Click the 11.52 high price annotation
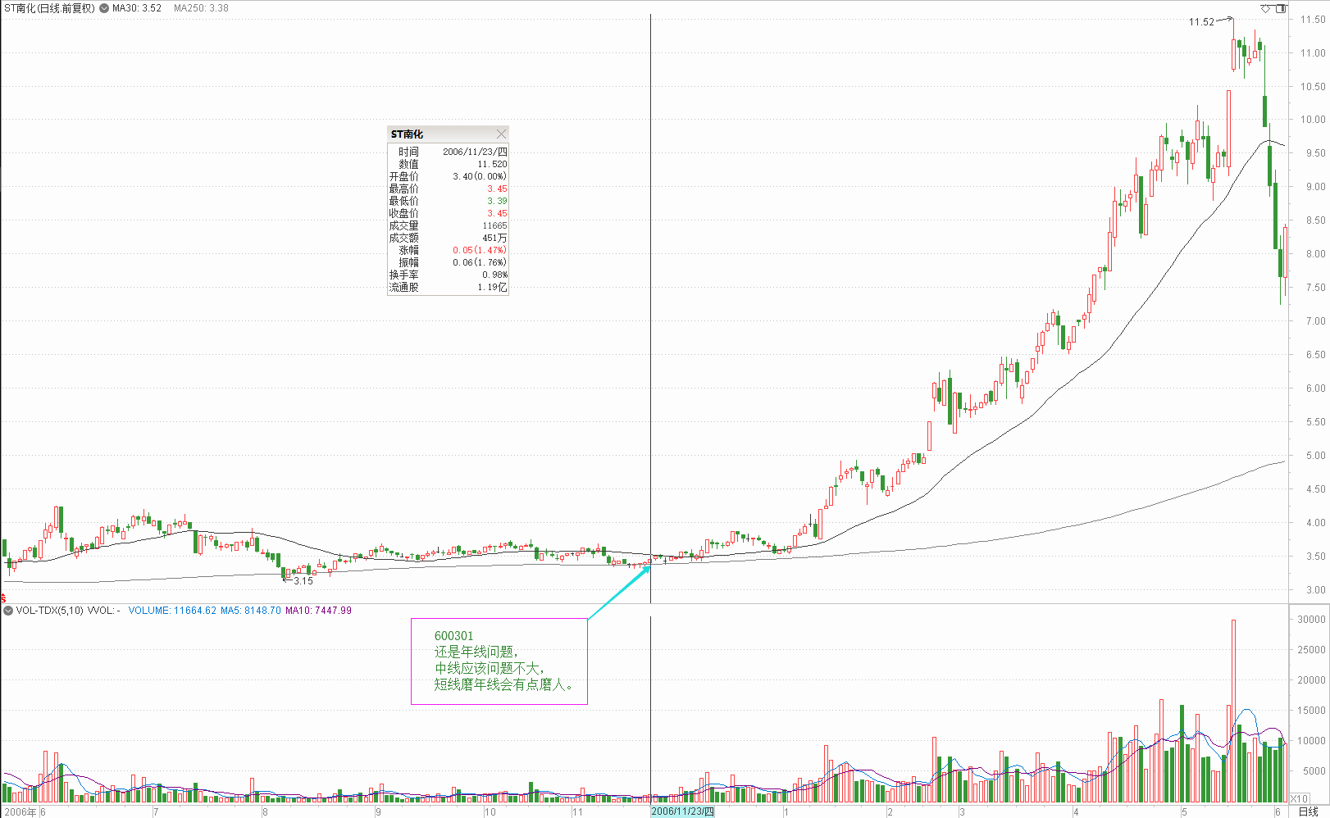pyautogui.click(x=1201, y=22)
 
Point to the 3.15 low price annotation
pyautogui.click(x=303, y=581)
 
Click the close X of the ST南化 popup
pyautogui.click(x=501, y=134)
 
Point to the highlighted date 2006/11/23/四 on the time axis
pyautogui.click(x=682, y=811)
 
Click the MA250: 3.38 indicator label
pyautogui.click(x=201, y=8)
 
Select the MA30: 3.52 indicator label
pyautogui.click(x=137, y=8)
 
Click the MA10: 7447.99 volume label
pyautogui.click(x=318, y=611)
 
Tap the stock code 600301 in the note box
pyautogui.click(x=453, y=636)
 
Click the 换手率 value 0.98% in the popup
pyautogui.click(x=494, y=275)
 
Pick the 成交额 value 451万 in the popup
pyautogui.click(x=494, y=238)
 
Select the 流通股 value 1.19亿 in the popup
pyautogui.click(x=492, y=288)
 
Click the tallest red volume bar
pyautogui.click(x=1233, y=710)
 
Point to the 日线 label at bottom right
pyautogui.click(x=1308, y=811)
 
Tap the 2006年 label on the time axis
pyautogui.click(x=20, y=812)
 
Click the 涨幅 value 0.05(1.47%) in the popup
pyautogui.click(x=480, y=250)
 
